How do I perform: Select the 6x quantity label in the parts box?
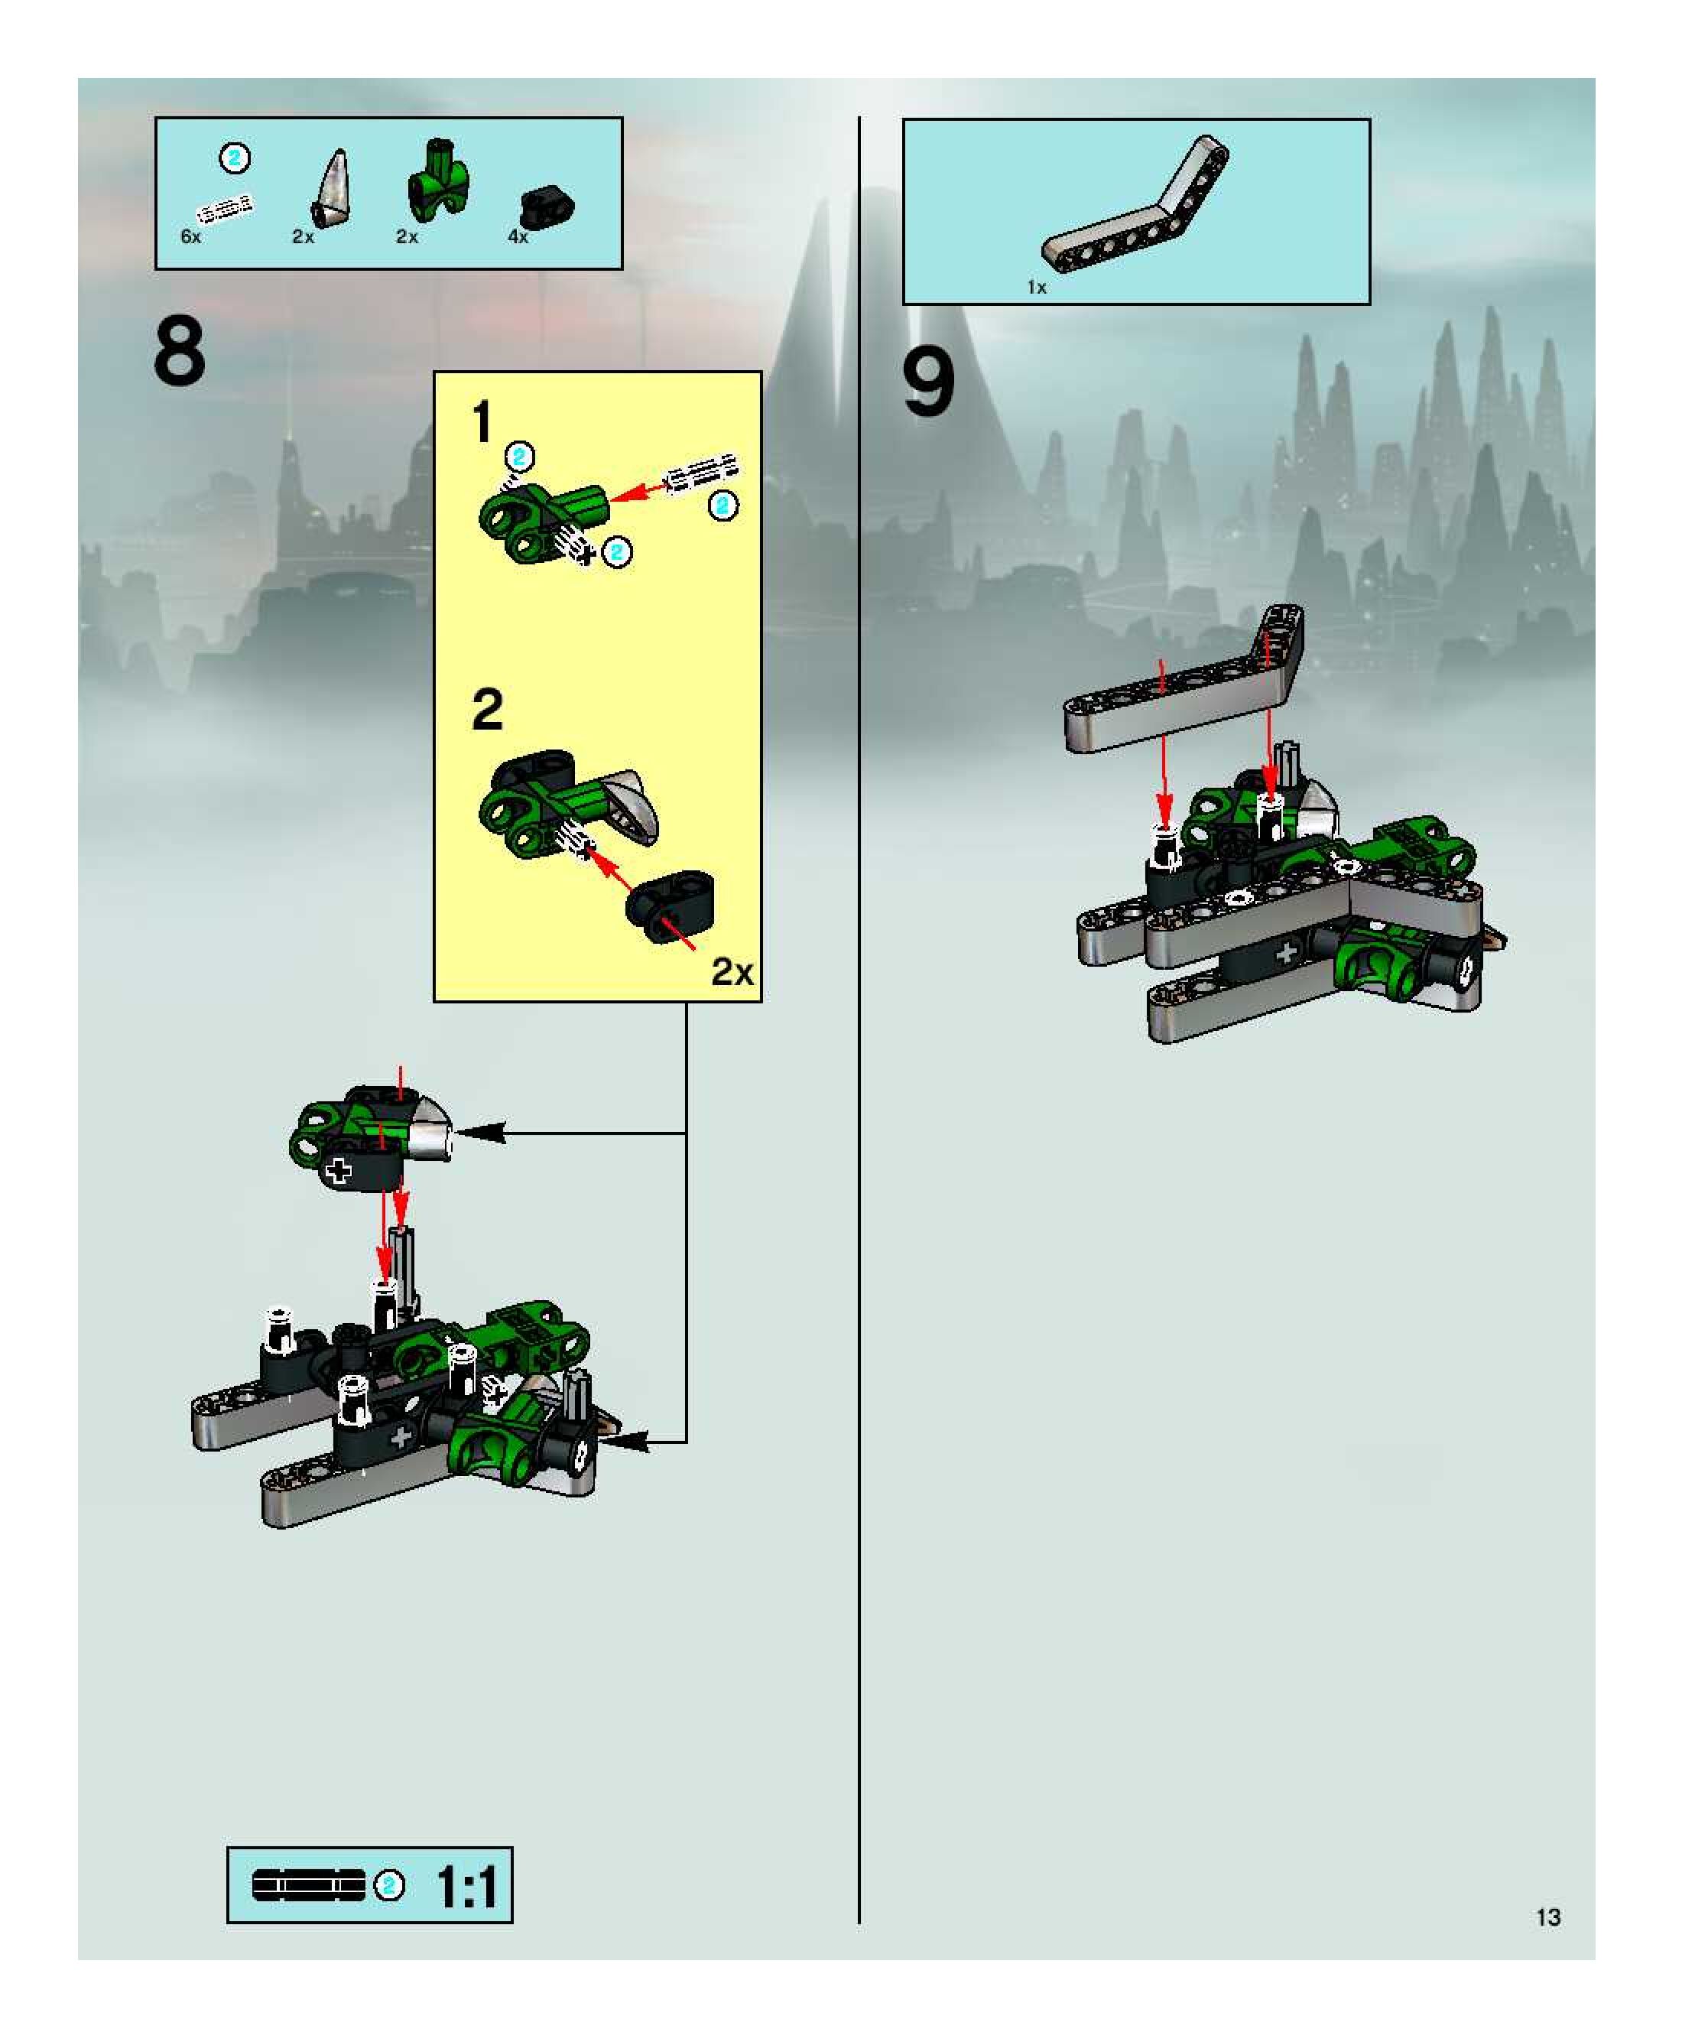[x=191, y=236]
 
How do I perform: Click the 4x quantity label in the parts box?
[x=518, y=236]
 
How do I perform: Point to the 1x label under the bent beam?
[x=1037, y=287]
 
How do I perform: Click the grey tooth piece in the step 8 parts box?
[x=331, y=188]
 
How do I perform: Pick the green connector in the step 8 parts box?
[x=438, y=178]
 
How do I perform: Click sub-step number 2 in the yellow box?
[x=487, y=710]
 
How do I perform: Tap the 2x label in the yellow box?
[x=732, y=971]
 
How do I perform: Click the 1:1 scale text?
[x=468, y=1887]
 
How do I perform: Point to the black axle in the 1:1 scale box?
[x=309, y=1885]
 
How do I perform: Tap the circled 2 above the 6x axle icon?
[x=235, y=158]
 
